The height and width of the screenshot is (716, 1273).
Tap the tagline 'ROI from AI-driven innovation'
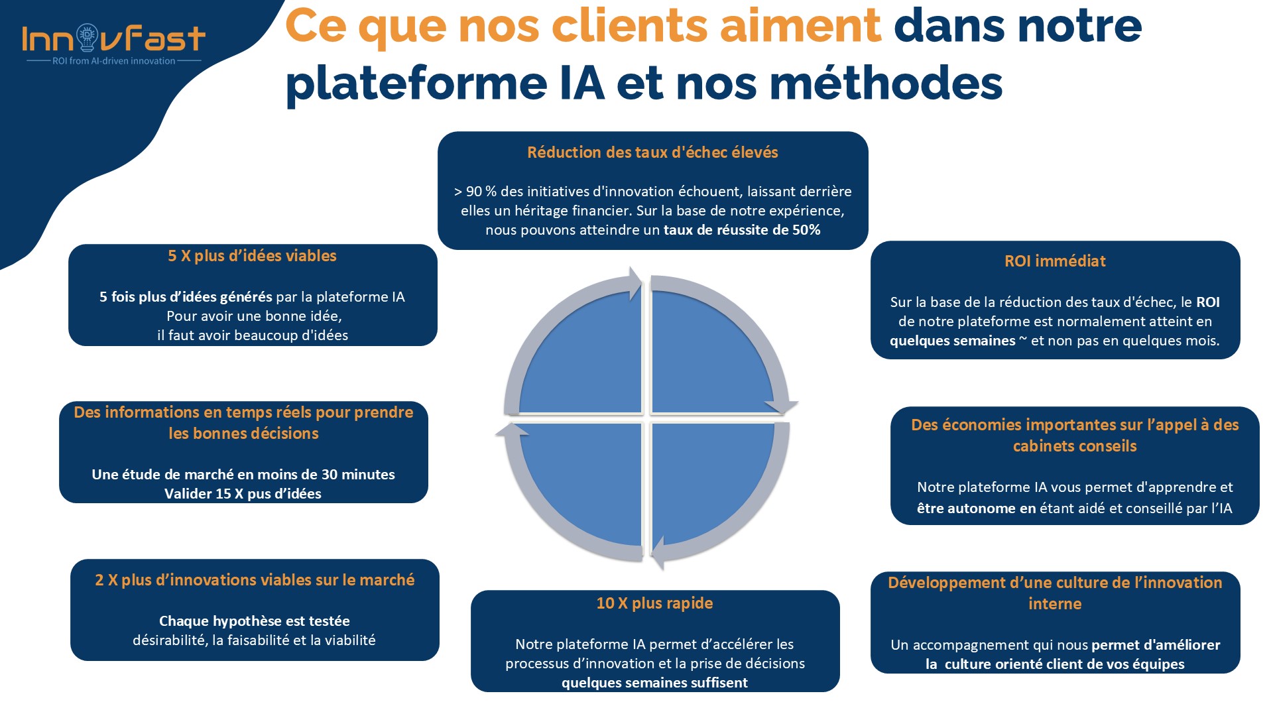(x=114, y=61)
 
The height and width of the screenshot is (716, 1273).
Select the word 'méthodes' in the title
(x=886, y=84)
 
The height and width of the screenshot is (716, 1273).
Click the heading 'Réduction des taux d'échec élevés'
(x=652, y=152)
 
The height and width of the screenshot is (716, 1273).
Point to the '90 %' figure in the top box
(x=481, y=192)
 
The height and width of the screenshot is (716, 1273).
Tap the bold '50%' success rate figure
(x=806, y=230)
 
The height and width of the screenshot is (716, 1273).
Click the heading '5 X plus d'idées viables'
(x=252, y=256)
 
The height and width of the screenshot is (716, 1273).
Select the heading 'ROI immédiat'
(x=1055, y=261)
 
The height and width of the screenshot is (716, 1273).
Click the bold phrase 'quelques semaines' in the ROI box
(x=952, y=341)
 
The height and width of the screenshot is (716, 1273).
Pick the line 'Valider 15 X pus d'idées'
(x=243, y=494)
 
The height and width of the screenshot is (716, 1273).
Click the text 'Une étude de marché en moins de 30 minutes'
(x=243, y=475)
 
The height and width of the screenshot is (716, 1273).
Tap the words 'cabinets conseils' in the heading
(x=1075, y=446)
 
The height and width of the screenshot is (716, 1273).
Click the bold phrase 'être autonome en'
(x=977, y=508)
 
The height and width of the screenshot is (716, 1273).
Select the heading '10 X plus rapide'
(x=654, y=603)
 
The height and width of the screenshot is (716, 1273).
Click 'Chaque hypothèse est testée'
(x=255, y=621)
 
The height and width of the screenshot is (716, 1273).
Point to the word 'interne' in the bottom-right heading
(x=1055, y=604)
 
